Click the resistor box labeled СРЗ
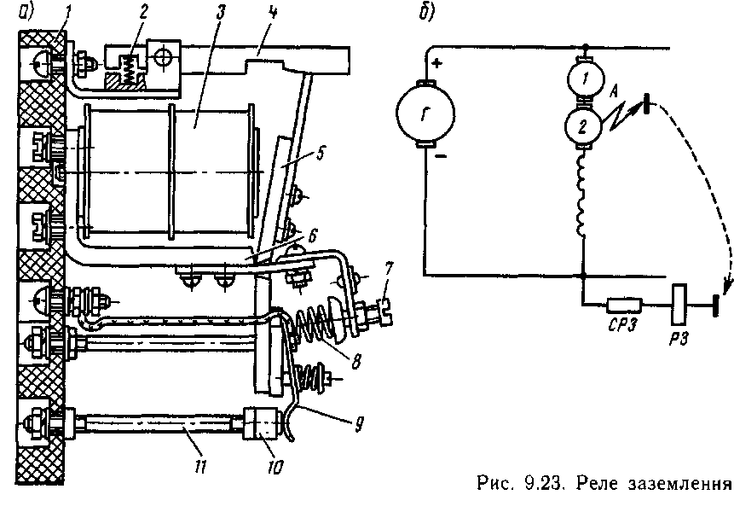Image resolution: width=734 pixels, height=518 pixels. (625, 305)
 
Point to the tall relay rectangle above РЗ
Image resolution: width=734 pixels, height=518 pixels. (679, 305)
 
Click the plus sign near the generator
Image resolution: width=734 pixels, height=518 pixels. (436, 63)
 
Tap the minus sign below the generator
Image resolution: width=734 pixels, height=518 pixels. (441, 156)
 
